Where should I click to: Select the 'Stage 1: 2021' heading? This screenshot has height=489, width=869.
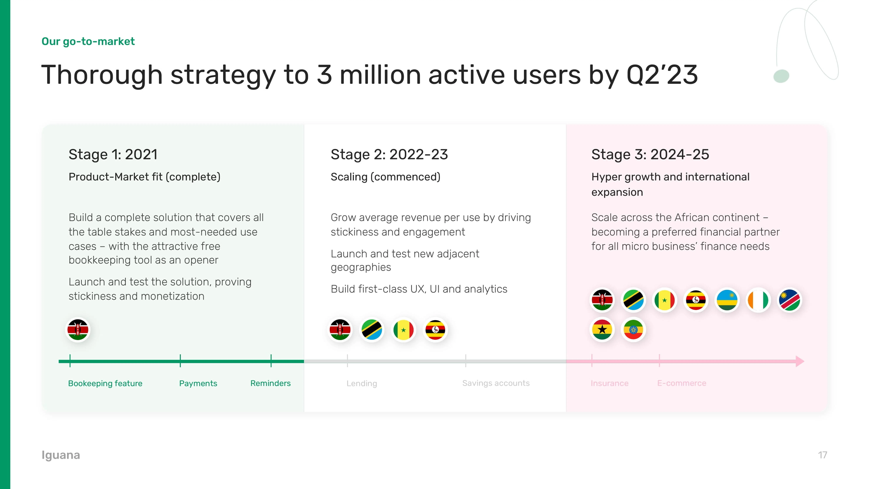pos(113,155)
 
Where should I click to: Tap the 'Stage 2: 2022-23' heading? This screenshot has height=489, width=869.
pos(389,155)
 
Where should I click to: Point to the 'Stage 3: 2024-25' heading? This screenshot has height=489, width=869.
pos(650,155)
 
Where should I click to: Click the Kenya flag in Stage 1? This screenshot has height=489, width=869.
pos(78,330)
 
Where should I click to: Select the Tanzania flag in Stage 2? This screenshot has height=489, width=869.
pos(372,330)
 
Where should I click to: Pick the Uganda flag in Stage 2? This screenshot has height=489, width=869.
pos(435,330)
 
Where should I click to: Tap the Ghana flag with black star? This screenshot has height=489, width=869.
pos(602,330)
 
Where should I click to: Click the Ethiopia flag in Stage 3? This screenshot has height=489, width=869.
pos(633,330)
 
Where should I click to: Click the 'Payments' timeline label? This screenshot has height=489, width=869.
pos(198,383)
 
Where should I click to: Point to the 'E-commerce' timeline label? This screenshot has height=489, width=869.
pos(681,383)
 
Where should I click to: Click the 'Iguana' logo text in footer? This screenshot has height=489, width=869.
pos(61,455)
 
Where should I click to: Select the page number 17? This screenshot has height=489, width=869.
pos(822,455)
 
